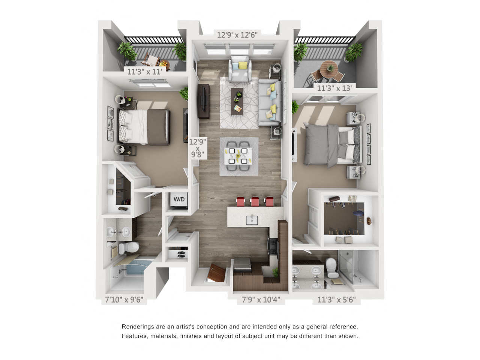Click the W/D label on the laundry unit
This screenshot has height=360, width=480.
click(x=179, y=199)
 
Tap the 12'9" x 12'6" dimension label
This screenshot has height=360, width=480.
click(x=237, y=35)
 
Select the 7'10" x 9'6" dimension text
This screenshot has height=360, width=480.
click(x=124, y=300)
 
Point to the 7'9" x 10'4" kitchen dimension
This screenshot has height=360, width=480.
click(x=261, y=300)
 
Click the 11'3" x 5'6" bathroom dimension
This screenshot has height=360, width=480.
click(x=336, y=300)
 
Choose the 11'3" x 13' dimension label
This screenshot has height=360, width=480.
click(x=334, y=88)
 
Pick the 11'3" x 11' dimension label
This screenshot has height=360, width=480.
click(x=144, y=72)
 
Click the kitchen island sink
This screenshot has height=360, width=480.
click(x=252, y=220)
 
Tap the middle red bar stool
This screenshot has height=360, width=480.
click(x=255, y=201)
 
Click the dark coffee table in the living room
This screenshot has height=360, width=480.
click(x=237, y=101)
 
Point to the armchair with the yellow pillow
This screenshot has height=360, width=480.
click(x=240, y=69)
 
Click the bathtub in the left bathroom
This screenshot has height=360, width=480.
click(x=135, y=267)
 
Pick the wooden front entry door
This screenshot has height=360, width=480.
click(x=216, y=273)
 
